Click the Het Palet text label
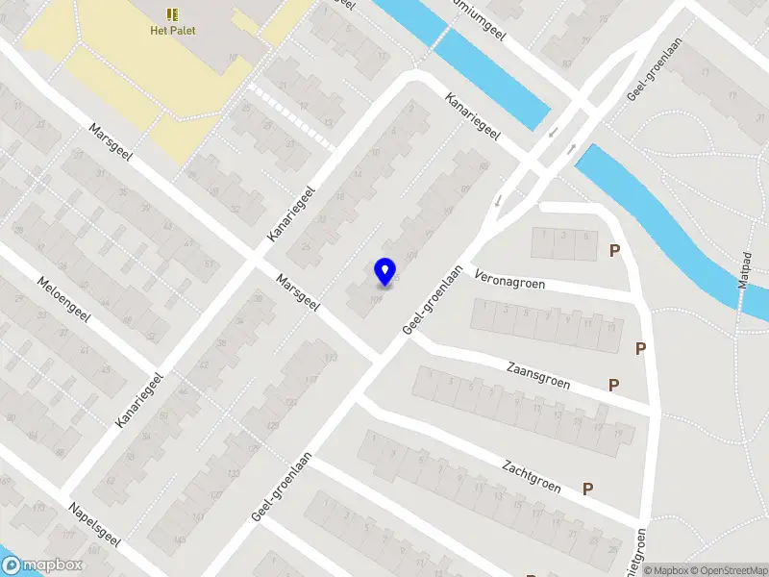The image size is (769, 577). click(172, 30)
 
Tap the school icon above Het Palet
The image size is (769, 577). click(172, 13)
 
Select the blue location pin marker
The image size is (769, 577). click(384, 271)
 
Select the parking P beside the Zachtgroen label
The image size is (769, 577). click(587, 489)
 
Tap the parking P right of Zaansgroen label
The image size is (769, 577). click(613, 386)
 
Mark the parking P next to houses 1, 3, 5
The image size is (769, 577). click(614, 251)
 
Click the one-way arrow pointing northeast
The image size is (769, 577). click(572, 149)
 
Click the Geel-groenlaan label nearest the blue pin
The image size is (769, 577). click(433, 300)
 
